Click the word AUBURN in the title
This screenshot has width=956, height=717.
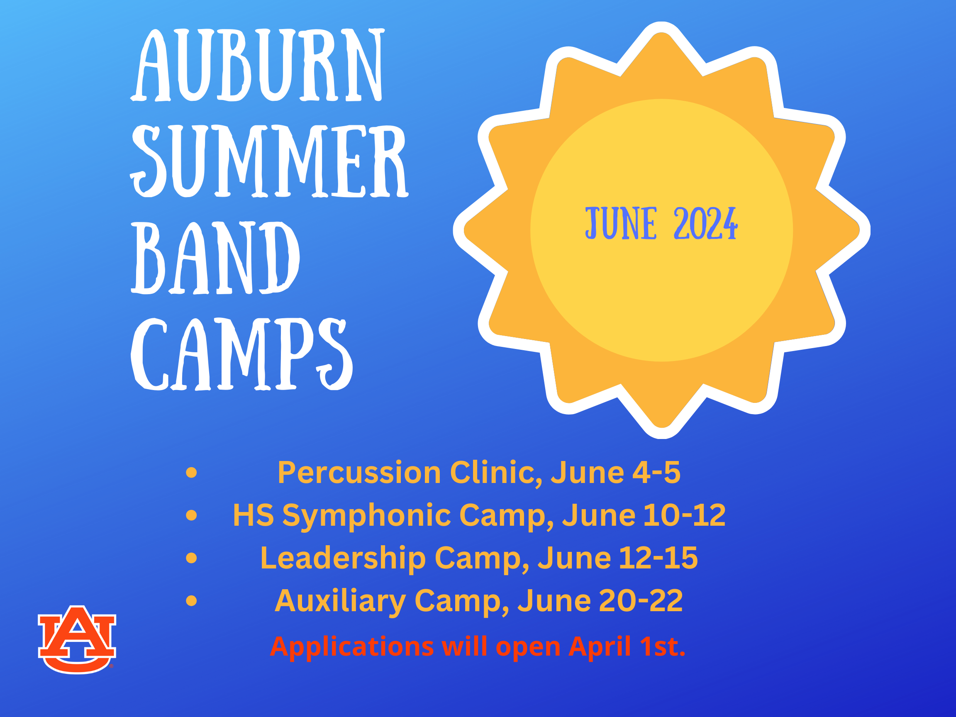(x=257, y=65)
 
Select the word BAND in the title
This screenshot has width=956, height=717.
(x=215, y=258)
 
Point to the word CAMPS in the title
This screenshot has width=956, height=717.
(x=241, y=354)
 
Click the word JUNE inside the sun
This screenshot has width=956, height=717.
(x=621, y=224)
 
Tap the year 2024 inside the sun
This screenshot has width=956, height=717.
(x=706, y=224)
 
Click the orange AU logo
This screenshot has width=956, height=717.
(x=77, y=639)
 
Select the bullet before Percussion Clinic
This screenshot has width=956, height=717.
(x=191, y=472)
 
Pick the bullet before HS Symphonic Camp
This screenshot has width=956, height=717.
(x=191, y=515)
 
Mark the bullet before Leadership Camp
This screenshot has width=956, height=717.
(x=191, y=558)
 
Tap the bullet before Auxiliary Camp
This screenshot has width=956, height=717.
(x=191, y=601)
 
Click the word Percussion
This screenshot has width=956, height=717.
(x=360, y=472)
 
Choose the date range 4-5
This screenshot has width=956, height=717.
(x=656, y=472)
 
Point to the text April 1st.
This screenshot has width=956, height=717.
(x=627, y=647)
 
